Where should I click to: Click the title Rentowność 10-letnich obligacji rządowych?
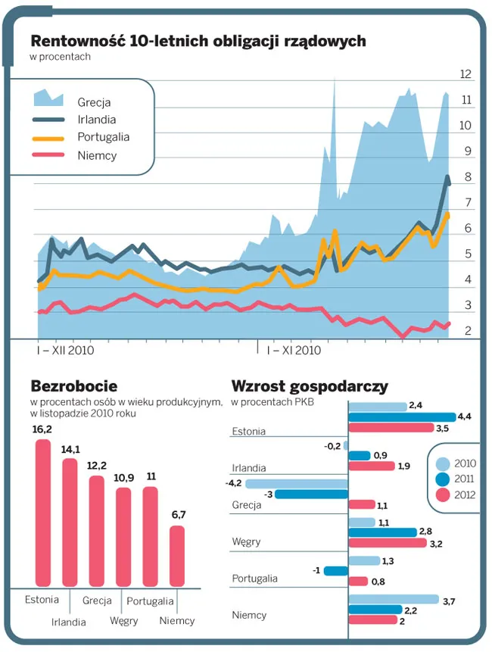pos(198,40)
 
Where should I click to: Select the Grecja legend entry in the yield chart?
pos(94,101)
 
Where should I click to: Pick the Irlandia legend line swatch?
pos(48,120)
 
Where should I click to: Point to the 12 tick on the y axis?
pos(466,74)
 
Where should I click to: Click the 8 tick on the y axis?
pos(469,177)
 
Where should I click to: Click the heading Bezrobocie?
pos(73,386)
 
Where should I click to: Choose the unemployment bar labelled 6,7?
pos(177,555)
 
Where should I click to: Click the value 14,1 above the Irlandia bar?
pos(70,449)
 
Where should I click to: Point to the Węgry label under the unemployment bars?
pos(124,621)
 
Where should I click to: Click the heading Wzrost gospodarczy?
pos(309,386)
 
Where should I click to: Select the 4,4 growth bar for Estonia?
pos(401,416)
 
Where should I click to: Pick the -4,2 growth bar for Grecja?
pos(296,483)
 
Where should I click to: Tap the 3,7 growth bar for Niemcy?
pos(393,599)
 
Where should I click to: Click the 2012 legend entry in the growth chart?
pos(453,496)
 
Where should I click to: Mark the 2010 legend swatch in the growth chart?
pos(443,463)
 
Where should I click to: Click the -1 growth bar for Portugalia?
pos(335,570)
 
